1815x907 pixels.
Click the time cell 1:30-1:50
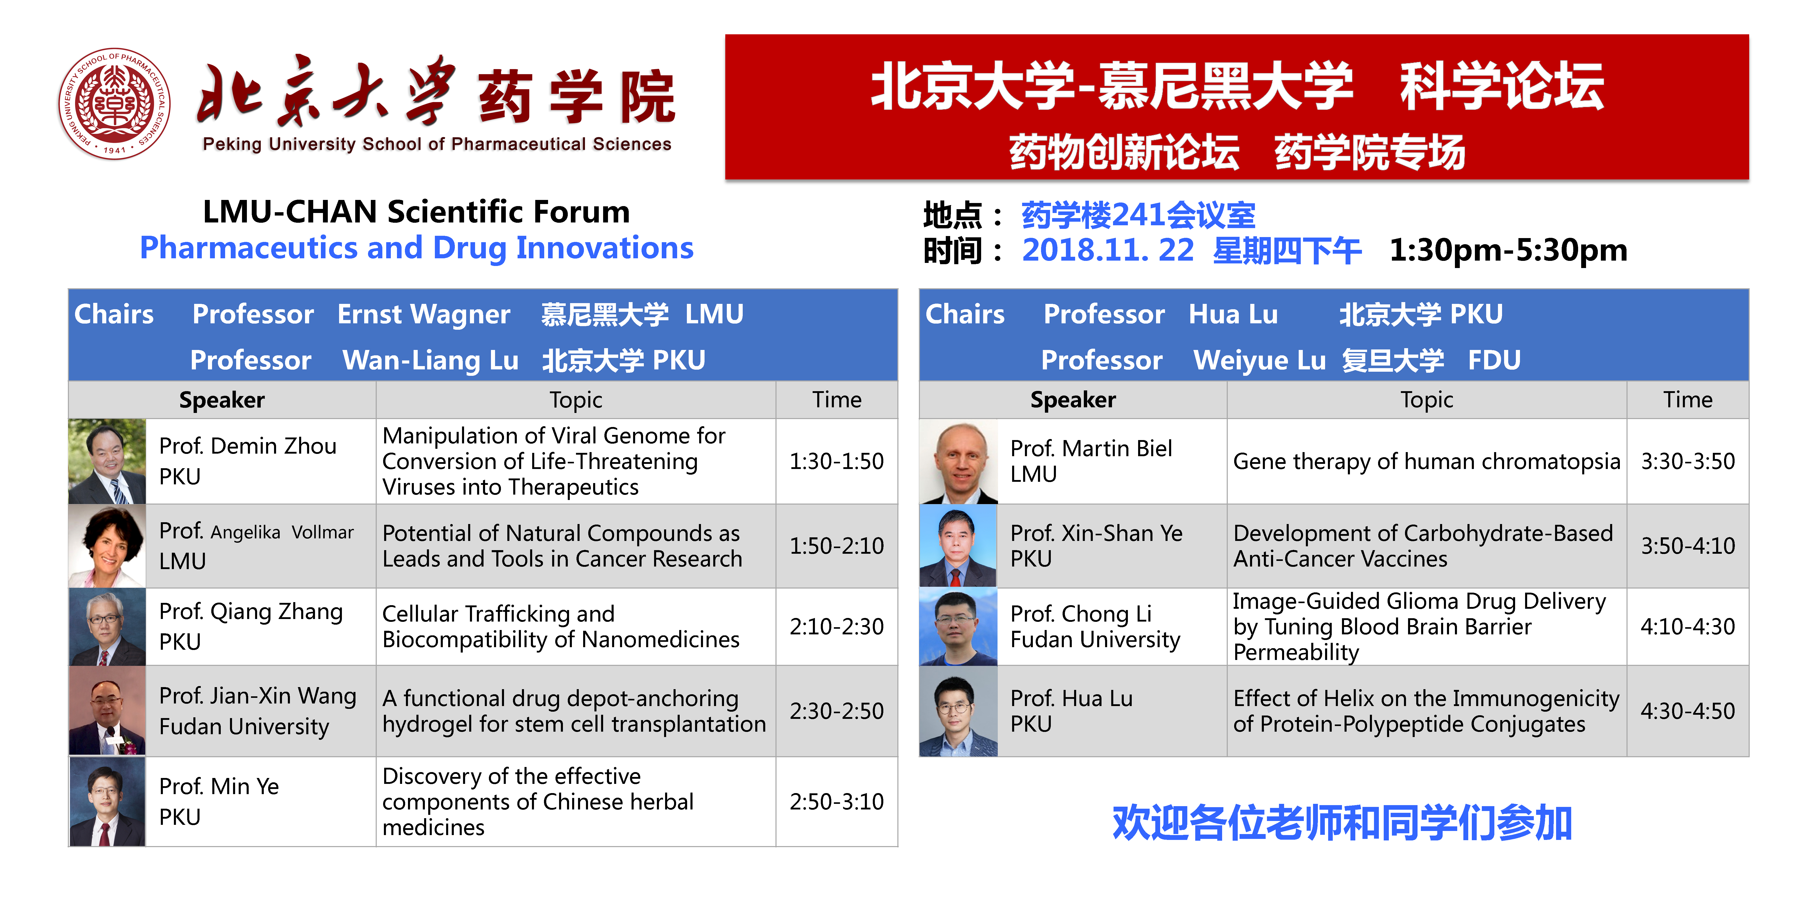pos(836,461)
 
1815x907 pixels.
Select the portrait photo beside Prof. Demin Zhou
pos(107,461)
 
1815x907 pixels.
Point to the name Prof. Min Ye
pos(219,786)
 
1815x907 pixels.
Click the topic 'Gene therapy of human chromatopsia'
pos(1427,461)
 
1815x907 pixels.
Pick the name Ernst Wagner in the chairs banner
pos(423,314)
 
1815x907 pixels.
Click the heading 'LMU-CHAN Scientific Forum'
pos(416,211)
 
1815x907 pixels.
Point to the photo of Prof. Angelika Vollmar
pos(107,546)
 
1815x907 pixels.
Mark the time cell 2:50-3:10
pos(836,801)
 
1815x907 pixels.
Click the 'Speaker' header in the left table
pos(222,400)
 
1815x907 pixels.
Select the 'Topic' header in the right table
pos(1427,400)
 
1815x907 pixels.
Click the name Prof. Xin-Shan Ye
pos(1096,533)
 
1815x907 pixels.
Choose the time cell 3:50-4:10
pos(1687,546)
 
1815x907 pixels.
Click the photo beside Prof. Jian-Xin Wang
pos(107,711)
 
